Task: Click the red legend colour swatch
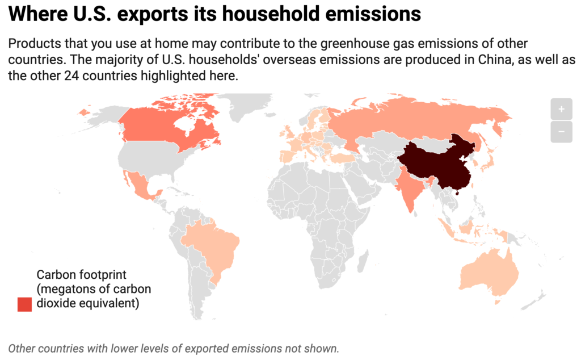24,304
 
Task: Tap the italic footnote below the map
174,348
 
